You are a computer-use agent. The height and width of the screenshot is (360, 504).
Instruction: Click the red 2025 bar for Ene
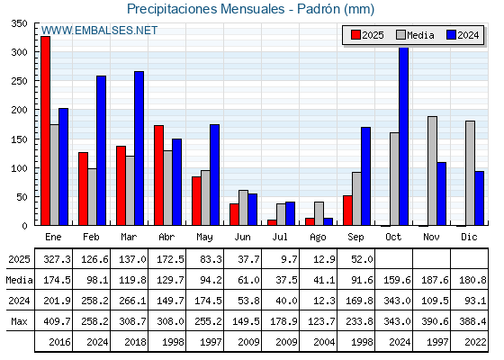click(x=45, y=130)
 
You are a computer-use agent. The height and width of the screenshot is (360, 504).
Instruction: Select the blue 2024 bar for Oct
click(x=404, y=136)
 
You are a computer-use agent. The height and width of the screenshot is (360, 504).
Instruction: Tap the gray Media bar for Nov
click(x=432, y=171)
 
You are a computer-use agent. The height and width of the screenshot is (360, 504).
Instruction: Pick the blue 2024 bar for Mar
click(x=139, y=148)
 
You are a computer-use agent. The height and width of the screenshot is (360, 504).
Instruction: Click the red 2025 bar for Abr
click(x=158, y=175)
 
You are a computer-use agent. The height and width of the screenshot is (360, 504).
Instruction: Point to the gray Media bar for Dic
click(x=470, y=173)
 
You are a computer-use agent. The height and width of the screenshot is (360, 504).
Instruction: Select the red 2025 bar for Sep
click(x=347, y=211)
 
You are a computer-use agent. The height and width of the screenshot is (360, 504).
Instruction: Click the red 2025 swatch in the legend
click(x=355, y=35)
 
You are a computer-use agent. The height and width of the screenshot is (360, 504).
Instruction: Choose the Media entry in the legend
click(x=415, y=35)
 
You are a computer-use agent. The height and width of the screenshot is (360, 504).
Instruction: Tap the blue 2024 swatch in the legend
click(x=451, y=35)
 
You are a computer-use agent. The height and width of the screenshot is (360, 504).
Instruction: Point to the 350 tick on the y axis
click(x=19, y=23)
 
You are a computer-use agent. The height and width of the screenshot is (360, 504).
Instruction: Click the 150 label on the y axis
click(x=19, y=139)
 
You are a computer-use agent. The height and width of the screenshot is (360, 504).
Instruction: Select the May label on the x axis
click(x=204, y=238)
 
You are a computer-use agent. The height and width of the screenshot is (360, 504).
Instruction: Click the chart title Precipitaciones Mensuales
click(x=206, y=9)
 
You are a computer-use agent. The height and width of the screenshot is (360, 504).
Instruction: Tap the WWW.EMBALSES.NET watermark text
click(x=99, y=31)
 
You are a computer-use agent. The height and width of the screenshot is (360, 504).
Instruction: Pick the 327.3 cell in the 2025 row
click(x=58, y=259)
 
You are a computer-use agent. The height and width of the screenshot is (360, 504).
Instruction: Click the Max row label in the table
click(x=19, y=321)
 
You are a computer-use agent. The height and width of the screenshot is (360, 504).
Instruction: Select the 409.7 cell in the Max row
click(x=58, y=321)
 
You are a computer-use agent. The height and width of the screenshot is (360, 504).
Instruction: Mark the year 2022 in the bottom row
click(x=475, y=342)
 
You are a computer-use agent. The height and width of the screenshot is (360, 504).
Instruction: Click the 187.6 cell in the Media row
click(x=435, y=280)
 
